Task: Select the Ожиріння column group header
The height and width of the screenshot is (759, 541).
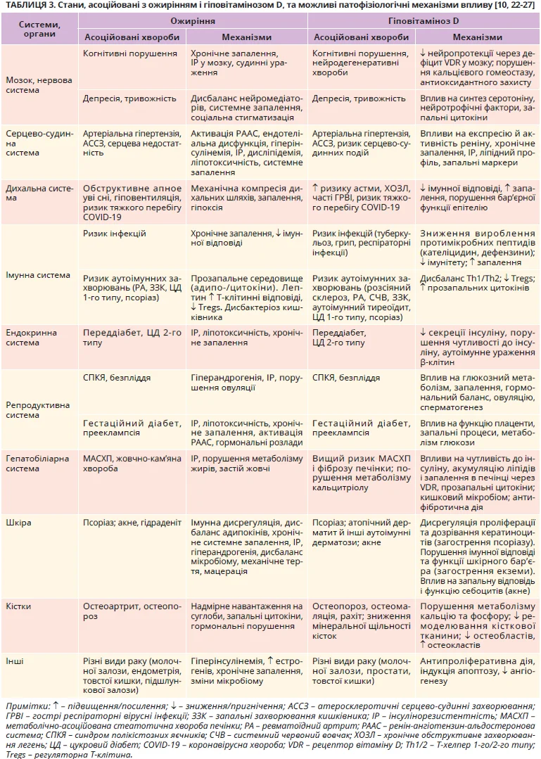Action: (x=193, y=21)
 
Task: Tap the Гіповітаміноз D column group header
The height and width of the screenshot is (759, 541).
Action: (x=423, y=21)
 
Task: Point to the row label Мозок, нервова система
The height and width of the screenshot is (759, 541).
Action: (x=39, y=84)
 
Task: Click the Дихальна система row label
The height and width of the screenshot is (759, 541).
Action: (x=39, y=193)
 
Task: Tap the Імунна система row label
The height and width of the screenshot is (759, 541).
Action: (x=39, y=275)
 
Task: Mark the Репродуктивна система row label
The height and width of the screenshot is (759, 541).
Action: (x=38, y=410)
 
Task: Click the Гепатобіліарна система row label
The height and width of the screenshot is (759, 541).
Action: (x=37, y=464)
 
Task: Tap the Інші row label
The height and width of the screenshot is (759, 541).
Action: (x=15, y=662)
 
